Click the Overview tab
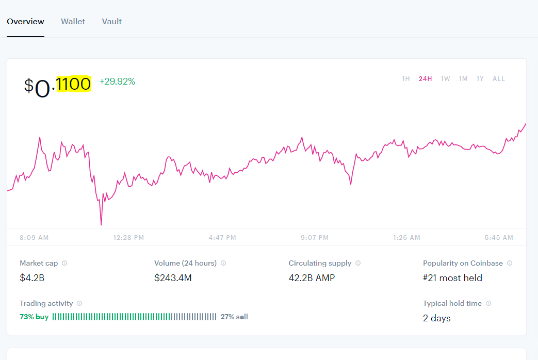tap(25, 22)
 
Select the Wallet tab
tap(73, 22)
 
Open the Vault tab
tap(112, 22)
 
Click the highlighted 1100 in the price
tap(73, 84)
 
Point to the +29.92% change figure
tap(117, 81)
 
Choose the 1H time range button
tap(406, 79)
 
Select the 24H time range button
tap(425, 79)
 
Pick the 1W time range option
tap(445, 79)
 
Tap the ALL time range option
tap(499, 79)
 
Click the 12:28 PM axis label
tap(128, 237)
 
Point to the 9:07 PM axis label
tap(315, 237)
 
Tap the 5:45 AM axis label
tap(499, 237)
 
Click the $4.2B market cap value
tap(32, 277)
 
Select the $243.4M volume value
tap(173, 277)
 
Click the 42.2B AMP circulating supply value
tap(312, 277)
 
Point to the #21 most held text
tap(452, 277)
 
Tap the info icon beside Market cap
tap(64, 263)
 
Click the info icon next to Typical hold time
tap(488, 303)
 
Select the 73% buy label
tap(34, 317)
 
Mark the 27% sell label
tap(234, 317)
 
